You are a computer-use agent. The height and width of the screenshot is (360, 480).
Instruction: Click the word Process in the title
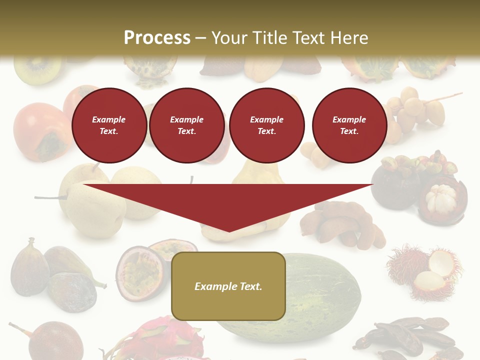click(157, 38)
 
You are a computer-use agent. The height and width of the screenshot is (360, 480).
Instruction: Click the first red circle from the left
click(109, 125)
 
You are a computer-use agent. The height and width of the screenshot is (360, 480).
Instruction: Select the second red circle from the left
click(186, 125)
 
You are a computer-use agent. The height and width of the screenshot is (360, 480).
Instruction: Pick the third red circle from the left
click(266, 125)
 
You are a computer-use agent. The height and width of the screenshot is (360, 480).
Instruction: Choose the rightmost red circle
click(349, 125)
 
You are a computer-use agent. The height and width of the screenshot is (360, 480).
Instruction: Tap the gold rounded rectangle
click(228, 305)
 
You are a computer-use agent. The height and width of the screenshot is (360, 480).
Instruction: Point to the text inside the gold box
click(228, 286)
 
